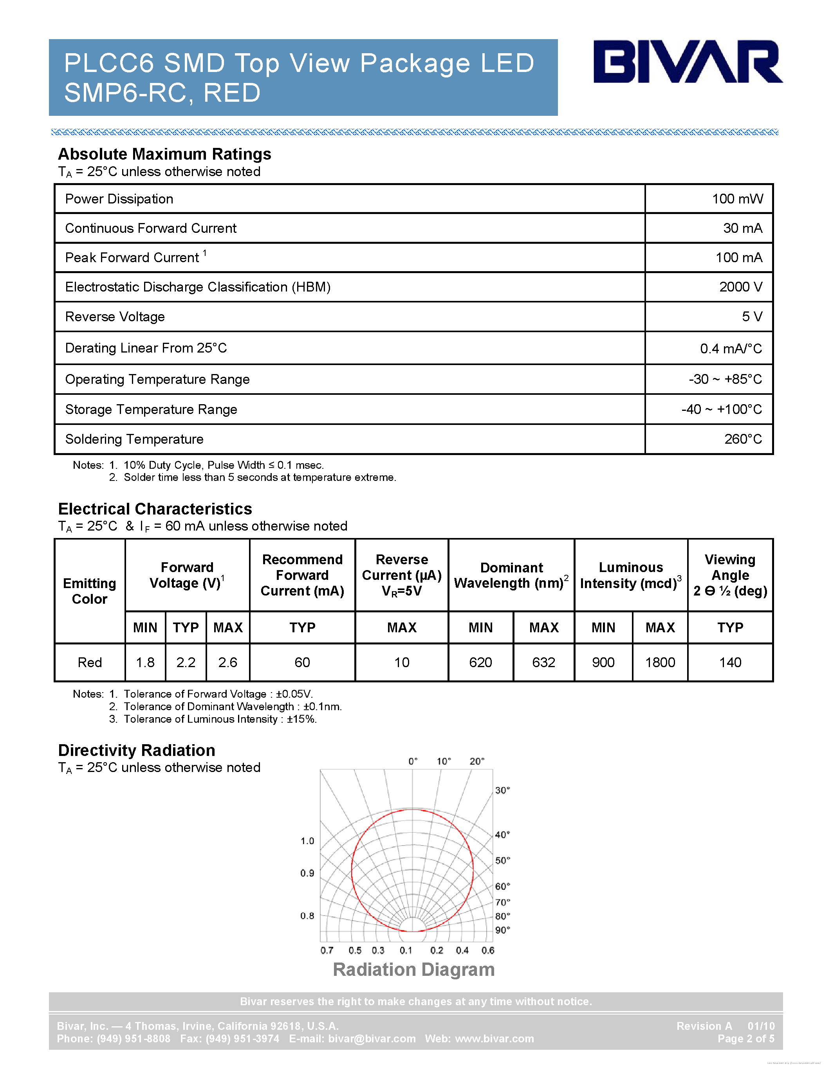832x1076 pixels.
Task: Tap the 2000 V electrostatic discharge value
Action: pyautogui.click(x=740, y=287)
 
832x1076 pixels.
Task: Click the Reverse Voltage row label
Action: pyautogui.click(x=115, y=317)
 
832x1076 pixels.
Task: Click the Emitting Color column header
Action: pyautogui.click(x=89, y=591)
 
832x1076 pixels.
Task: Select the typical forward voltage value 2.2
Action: pyautogui.click(x=186, y=663)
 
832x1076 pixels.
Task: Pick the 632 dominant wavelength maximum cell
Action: pyautogui.click(x=544, y=663)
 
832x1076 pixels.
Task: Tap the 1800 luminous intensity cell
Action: pyautogui.click(x=660, y=663)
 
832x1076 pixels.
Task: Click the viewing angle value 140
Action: pyautogui.click(x=730, y=663)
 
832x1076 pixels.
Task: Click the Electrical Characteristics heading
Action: pyautogui.click(x=155, y=509)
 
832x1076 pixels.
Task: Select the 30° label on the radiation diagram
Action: pyautogui.click(x=502, y=790)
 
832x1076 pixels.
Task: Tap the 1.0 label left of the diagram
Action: pyautogui.click(x=307, y=841)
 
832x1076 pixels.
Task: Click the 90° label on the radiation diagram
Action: pyautogui.click(x=502, y=930)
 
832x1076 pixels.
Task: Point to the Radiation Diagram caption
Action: pyautogui.click(x=413, y=970)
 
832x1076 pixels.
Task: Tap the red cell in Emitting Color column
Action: pyautogui.click(x=89, y=663)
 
